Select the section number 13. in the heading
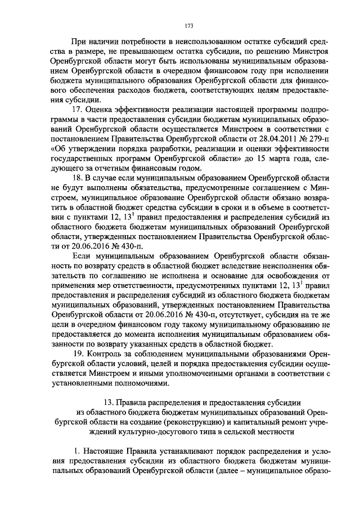point(107,402)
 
